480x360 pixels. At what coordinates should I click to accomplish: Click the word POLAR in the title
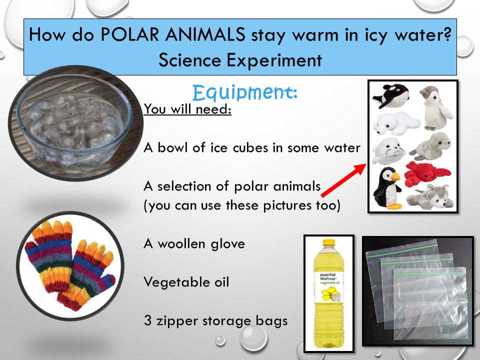coord(130,34)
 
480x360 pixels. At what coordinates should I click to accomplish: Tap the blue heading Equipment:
coord(245,92)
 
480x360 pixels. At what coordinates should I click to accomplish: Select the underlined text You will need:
coord(187,109)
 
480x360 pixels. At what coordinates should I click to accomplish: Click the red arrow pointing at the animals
coord(343,180)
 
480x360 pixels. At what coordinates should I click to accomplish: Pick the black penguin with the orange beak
coord(387,188)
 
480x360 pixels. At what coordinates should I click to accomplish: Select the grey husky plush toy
coord(430,197)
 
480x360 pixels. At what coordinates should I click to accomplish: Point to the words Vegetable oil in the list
coord(186,282)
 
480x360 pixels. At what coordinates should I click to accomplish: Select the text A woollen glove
coord(194,243)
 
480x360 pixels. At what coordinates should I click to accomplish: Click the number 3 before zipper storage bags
coord(148,320)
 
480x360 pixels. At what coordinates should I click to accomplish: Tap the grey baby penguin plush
coord(435,107)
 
